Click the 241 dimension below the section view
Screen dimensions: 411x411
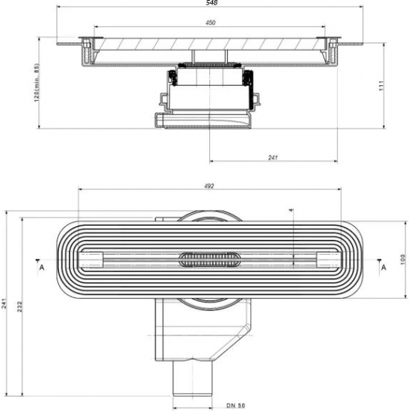tap(273, 157)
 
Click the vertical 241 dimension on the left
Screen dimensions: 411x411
tap(6, 303)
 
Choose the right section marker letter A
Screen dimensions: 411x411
tap(383, 266)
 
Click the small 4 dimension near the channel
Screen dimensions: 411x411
tap(291, 210)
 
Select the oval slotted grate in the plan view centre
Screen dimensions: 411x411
tap(210, 259)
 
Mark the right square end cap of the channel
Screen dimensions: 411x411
tap(326, 259)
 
